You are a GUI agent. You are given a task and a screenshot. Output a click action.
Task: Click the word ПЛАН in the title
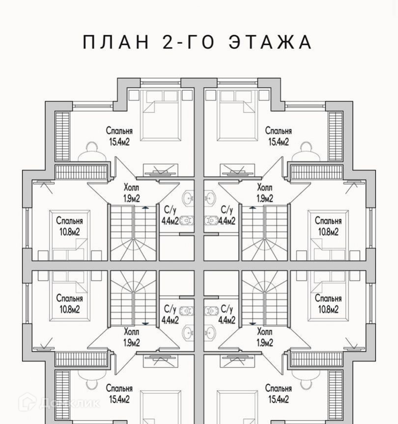point(115,42)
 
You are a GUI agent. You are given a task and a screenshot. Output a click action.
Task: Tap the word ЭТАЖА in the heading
point(270,42)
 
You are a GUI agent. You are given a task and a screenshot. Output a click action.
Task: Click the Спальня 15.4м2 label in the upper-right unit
point(279,136)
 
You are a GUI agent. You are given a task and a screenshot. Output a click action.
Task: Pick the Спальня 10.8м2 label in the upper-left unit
point(69,226)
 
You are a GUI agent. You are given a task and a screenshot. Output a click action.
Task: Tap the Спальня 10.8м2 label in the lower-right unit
point(328,303)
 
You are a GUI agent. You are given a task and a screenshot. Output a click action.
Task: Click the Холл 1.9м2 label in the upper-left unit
point(132,193)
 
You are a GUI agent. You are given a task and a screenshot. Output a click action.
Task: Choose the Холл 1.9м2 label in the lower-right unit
point(265,336)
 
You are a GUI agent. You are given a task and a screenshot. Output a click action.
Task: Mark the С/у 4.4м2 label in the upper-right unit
point(227,214)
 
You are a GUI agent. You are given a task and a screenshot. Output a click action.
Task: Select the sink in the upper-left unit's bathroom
point(189,199)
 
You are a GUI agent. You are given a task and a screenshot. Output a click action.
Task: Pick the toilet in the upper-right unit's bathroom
point(212,220)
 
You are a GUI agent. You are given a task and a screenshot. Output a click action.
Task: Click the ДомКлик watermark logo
point(59,403)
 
